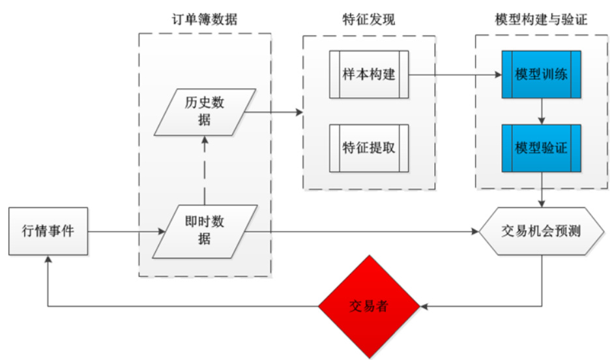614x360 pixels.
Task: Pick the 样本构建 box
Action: [x=369, y=74]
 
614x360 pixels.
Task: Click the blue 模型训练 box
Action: [x=541, y=74]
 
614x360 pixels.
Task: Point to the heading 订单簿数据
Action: [x=205, y=20]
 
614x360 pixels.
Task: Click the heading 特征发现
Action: [x=369, y=20]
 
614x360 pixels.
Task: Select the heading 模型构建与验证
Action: [x=541, y=20]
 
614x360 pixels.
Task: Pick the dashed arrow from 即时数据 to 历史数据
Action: [x=205, y=170]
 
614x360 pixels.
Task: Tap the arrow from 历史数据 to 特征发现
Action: [x=274, y=113]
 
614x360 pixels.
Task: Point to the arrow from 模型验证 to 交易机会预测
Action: [x=542, y=190]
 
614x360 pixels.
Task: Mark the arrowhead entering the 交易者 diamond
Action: [x=426, y=306]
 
